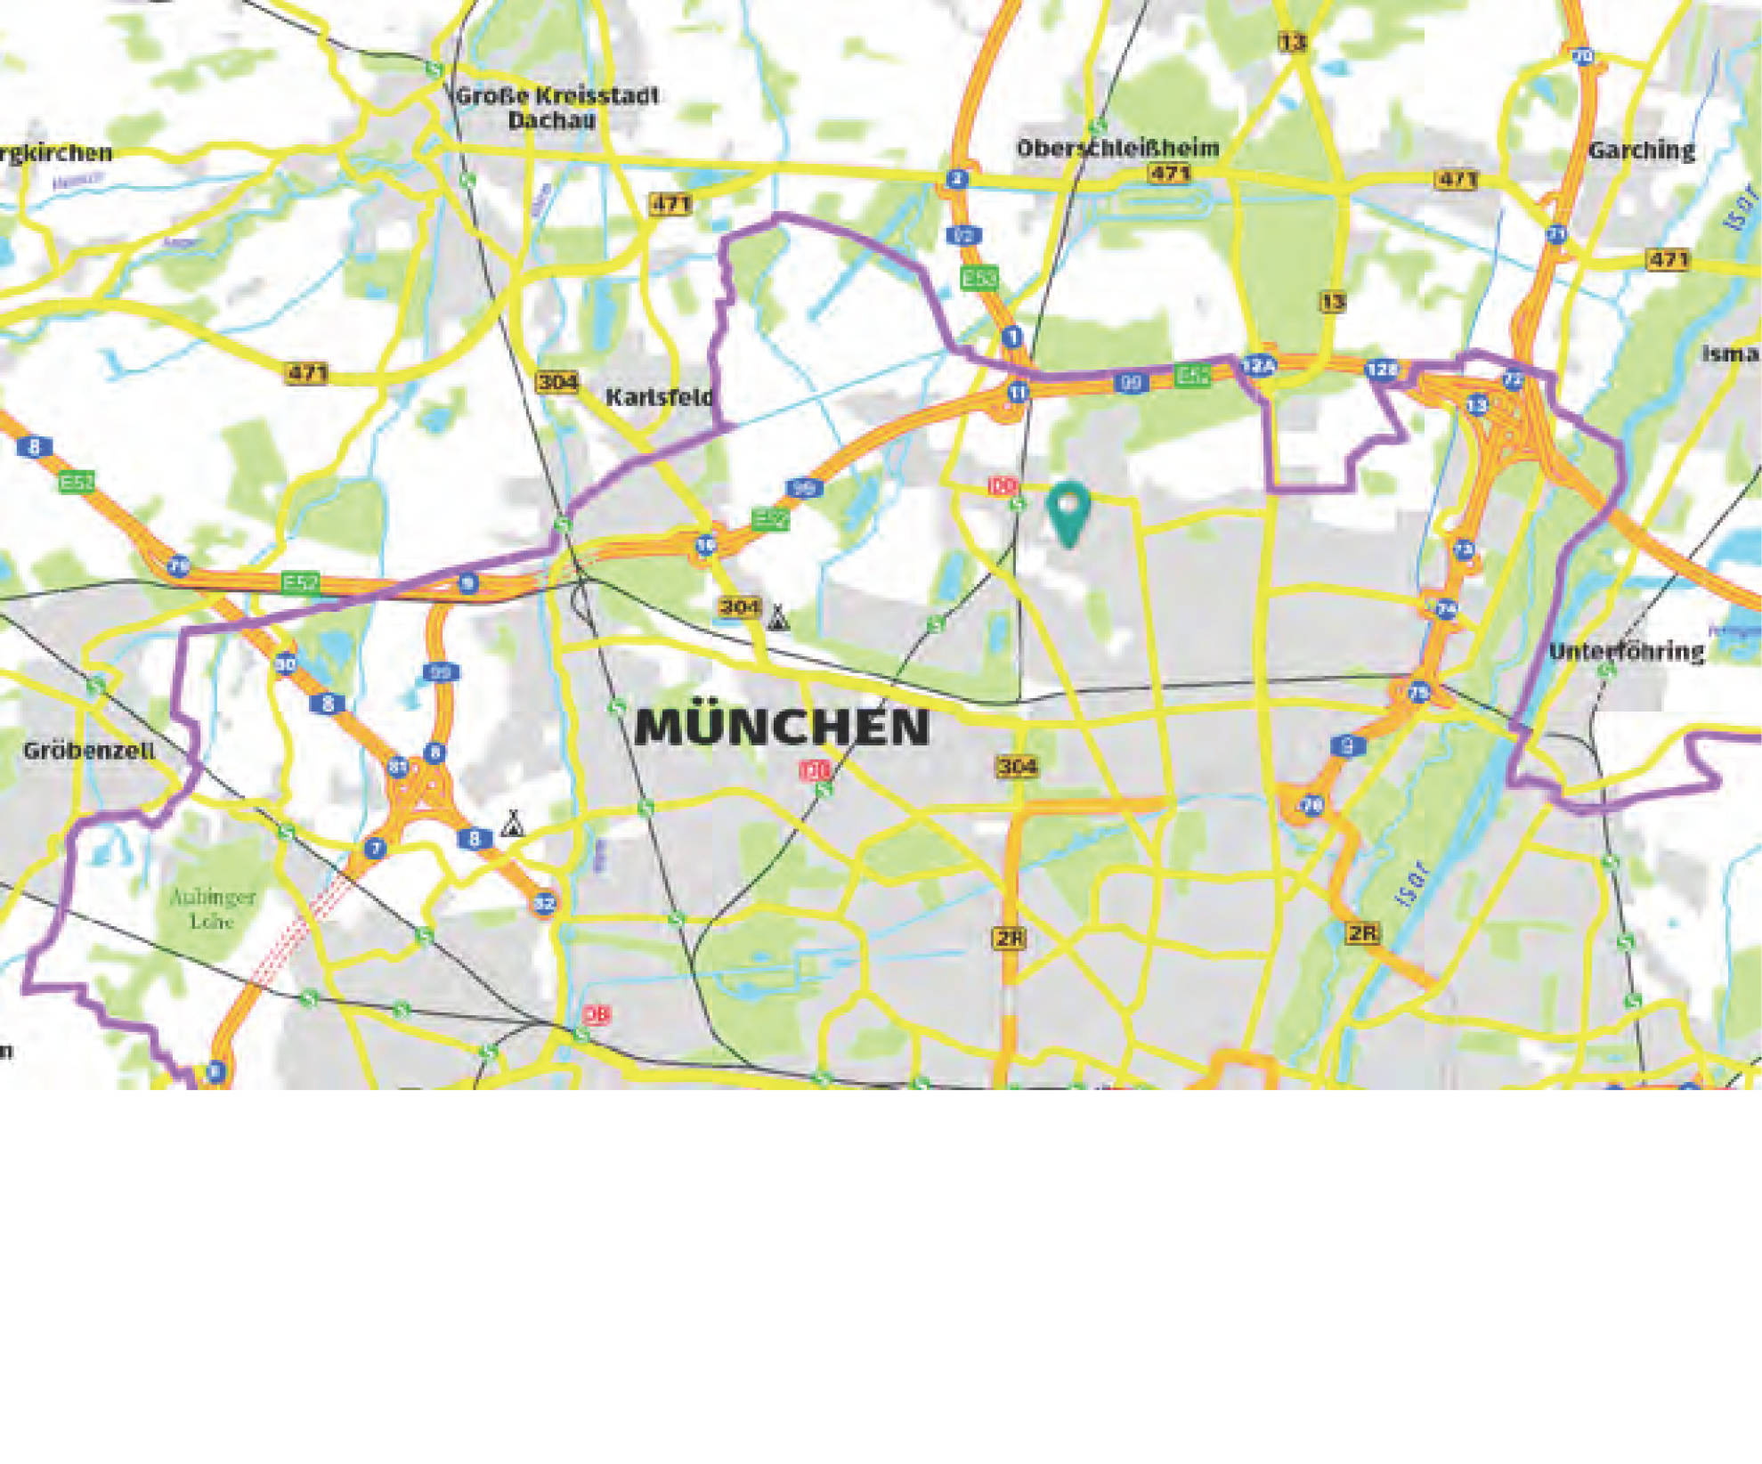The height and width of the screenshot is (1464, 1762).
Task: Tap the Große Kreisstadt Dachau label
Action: click(x=556, y=108)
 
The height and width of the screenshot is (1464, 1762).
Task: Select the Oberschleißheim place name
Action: click(x=1117, y=148)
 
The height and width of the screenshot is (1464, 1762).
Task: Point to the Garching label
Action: click(x=1642, y=150)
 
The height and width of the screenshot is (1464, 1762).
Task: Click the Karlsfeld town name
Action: click(x=660, y=397)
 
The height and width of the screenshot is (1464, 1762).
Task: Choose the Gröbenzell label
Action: click(x=89, y=750)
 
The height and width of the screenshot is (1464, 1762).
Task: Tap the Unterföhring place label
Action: click(x=1627, y=652)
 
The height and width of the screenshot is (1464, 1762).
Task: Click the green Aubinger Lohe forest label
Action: click(x=213, y=908)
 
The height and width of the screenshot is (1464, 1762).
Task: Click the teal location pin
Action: click(x=1068, y=511)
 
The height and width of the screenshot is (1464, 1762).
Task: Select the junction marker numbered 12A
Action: click(x=1259, y=365)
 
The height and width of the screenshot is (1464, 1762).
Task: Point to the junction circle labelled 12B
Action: click(x=1382, y=370)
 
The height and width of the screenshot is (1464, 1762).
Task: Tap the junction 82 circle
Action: click(x=544, y=904)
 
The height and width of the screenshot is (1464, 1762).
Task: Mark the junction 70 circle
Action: click(x=1582, y=57)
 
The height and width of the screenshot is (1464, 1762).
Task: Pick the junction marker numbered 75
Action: click(x=1418, y=692)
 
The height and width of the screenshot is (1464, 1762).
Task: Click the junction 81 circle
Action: click(x=398, y=767)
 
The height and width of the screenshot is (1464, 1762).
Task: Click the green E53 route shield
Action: click(x=979, y=278)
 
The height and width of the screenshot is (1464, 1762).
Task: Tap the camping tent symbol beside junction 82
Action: click(x=511, y=823)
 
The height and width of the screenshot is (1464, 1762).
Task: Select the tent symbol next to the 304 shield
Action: click(x=777, y=617)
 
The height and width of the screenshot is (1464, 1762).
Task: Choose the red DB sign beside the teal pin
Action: click(x=1003, y=486)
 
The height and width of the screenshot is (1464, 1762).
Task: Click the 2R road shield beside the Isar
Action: click(x=1362, y=933)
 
